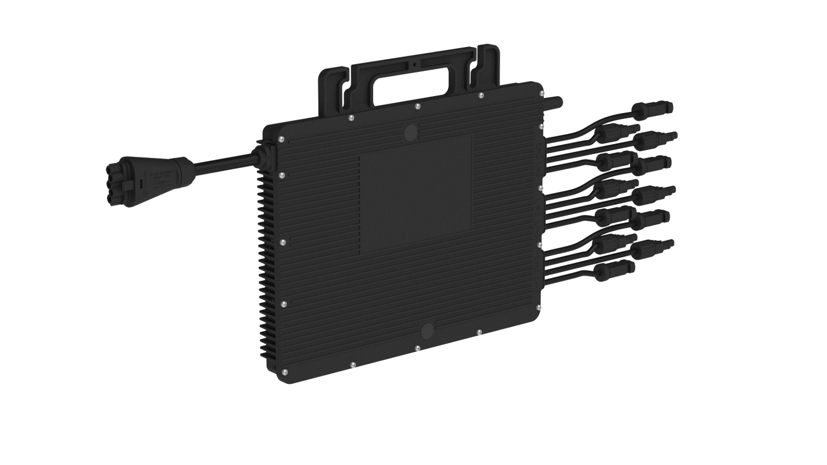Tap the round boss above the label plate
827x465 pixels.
coord(410,133)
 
